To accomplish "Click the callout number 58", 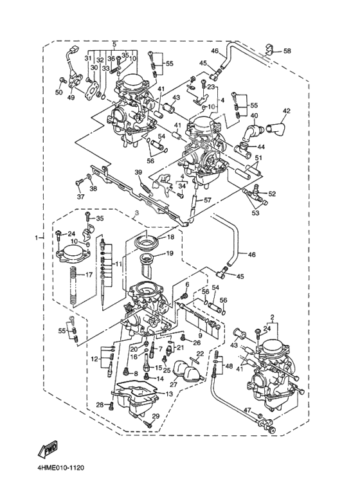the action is pos(287,51).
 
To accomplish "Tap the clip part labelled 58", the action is pos(269,50).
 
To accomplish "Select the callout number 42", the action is pos(286,111).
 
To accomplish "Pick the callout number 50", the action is pos(59,92).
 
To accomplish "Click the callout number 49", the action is pos(71,98).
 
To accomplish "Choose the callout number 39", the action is pos(138,172).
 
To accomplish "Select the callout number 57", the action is pos(207,201).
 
